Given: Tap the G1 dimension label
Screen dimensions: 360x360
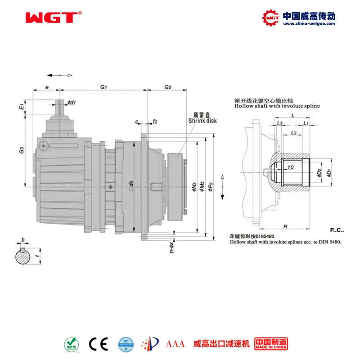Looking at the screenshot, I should pos(103,86).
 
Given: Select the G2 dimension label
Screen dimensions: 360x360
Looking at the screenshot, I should pos(167,86).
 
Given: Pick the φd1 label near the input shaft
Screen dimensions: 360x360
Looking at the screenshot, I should pos(71,103).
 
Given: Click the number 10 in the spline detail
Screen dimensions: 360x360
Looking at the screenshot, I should pos(290,166).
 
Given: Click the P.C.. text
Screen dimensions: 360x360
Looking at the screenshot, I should pos(337,230).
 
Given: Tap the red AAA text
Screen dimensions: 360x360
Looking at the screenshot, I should pos(175,344).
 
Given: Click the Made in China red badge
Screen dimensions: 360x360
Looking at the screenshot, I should pos(271,344).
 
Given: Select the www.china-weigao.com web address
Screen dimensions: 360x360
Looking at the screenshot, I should pos(308,24).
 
